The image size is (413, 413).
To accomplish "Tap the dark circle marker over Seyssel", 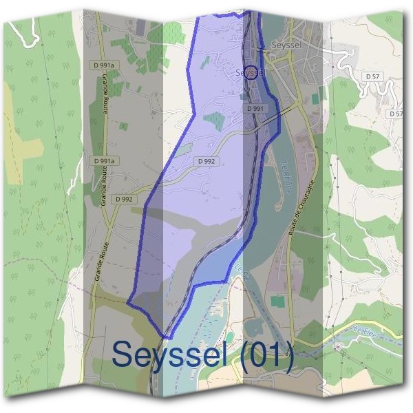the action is pyautogui.click(x=252, y=72).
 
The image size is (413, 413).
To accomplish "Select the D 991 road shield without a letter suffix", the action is pyautogui.click(x=255, y=109).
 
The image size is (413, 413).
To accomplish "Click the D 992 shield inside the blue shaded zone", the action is pyautogui.click(x=206, y=161).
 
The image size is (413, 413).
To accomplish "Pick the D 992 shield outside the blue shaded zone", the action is pyautogui.click(x=124, y=199).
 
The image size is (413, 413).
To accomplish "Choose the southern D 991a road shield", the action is pyautogui.click(x=105, y=160).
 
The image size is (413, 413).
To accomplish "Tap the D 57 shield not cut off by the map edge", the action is pyautogui.click(x=372, y=76).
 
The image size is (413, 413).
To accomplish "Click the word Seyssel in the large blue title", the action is pyautogui.click(x=171, y=355).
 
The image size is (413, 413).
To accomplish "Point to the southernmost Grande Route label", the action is pyautogui.click(x=100, y=262).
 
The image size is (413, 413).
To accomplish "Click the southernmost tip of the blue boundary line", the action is pyautogui.click(x=165, y=337).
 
